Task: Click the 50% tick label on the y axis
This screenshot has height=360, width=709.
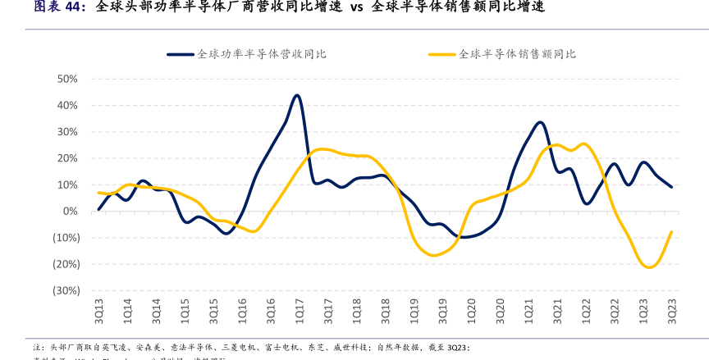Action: [x=67, y=79]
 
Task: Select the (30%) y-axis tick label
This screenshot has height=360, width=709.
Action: [x=65, y=290]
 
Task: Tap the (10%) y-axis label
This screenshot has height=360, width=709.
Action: [x=65, y=238]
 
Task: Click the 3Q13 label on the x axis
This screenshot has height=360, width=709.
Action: [x=99, y=310]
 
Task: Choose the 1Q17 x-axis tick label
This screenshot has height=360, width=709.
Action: [x=300, y=310]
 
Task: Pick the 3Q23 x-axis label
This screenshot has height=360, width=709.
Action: [x=672, y=310]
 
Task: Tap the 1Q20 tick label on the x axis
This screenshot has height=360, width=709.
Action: [x=472, y=310]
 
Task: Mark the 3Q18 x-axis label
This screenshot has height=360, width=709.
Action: [x=386, y=310]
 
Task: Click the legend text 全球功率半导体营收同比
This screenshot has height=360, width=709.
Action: [x=262, y=54]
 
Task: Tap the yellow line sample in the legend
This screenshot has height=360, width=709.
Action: [x=441, y=54]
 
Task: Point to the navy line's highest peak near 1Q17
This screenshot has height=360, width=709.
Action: [x=296, y=95]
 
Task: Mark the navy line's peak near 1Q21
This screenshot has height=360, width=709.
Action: [x=539, y=122]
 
